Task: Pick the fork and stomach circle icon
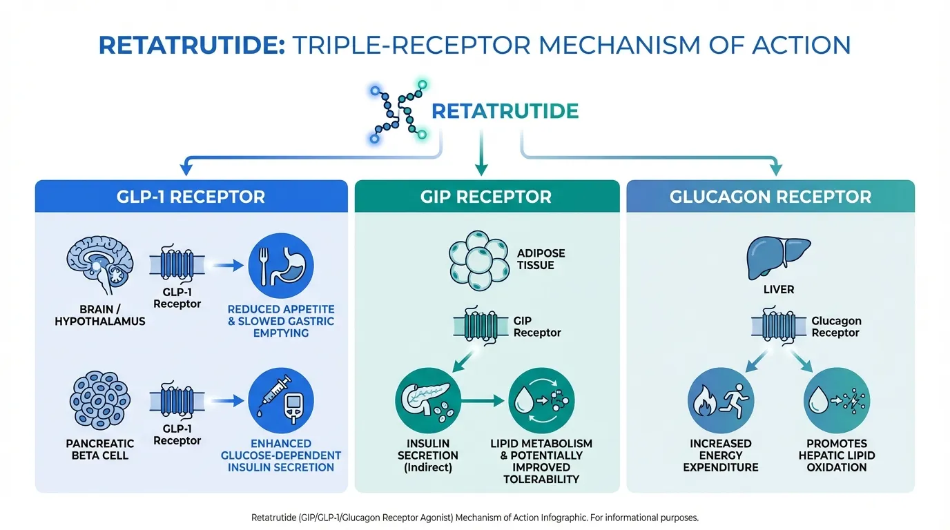pos(280,265)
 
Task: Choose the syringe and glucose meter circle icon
pos(280,400)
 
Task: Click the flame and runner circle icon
pos(721,400)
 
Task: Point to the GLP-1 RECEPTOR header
pos(191,197)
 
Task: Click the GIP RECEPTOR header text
pos(486,197)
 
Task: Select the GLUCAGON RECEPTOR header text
pos(770,197)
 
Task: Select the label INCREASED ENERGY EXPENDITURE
pos(721,455)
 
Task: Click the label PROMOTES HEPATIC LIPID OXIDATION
pos(837,455)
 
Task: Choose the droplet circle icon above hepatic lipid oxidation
pos(837,400)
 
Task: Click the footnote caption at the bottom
pos(475,517)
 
